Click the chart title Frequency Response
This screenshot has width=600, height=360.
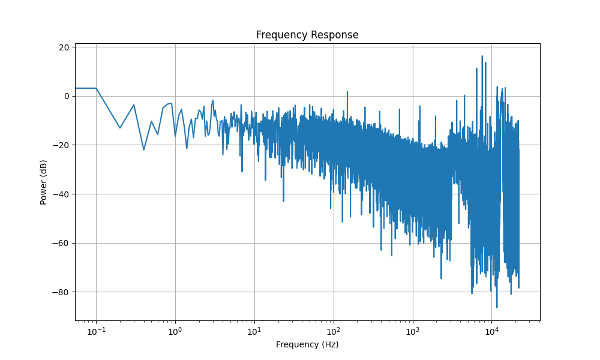click(x=307, y=35)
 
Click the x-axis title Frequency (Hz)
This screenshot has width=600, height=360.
click(x=307, y=344)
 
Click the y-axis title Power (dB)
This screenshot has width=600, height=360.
click(x=44, y=182)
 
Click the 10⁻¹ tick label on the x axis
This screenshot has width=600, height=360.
click(x=96, y=331)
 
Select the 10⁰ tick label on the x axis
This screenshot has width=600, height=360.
click(x=175, y=331)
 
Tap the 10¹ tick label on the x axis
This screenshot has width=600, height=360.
click(x=254, y=331)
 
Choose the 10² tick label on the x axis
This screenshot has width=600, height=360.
click(x=334, y=331)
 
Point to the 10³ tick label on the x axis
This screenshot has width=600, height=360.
click(x=413, y=331)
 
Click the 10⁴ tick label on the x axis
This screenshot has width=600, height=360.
click(x=492, y=331)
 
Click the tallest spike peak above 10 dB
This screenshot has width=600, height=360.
click(x=482, y=56)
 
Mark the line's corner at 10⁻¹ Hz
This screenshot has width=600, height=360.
click(x=96, y=88)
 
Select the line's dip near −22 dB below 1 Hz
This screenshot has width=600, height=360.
click(x=143, y=149)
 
